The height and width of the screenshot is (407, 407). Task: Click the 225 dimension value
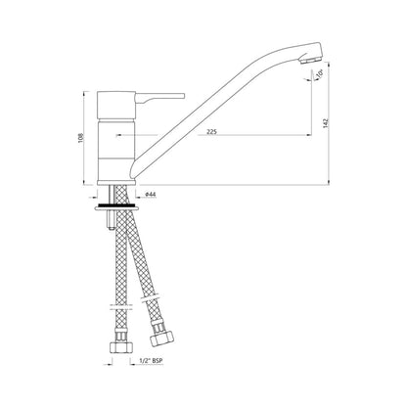pos(212,132)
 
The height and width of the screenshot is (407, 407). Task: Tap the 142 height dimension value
pos(325,123)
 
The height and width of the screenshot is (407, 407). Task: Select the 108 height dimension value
pos(81,138)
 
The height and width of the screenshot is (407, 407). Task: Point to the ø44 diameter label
pos(151,195)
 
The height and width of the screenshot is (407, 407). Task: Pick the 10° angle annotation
pos(319,73)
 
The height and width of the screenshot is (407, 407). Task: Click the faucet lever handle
pos(160,98)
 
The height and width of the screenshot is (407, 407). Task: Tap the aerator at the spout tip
pos(310,60)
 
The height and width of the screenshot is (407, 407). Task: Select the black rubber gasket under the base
pos(116,205)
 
